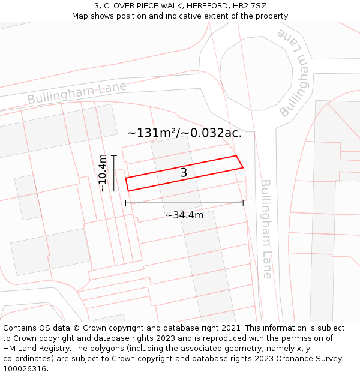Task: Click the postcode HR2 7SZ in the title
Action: point(248,6)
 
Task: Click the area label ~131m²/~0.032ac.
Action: point(184,133)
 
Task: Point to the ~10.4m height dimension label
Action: point(103,173)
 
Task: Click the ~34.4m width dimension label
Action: point(184,215)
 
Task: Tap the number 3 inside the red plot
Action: point(184,173)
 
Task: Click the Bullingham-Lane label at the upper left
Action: point(77,92)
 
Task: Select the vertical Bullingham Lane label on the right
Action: point(266,229)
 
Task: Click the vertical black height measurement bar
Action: point(113,173)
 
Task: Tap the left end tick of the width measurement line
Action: point(125,203)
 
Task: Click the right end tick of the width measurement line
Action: point(243,203)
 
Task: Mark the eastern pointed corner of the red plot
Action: point(243,167)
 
